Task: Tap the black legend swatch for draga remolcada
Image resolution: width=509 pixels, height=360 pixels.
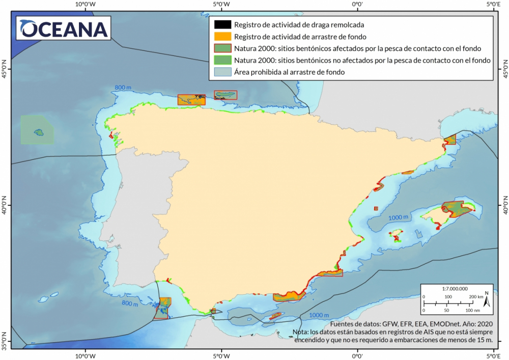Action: (222, 24)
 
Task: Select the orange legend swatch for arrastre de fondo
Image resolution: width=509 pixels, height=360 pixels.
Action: (222, 37)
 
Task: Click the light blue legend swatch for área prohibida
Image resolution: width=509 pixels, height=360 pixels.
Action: (222, 72)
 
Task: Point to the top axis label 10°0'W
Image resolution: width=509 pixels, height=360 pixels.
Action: (85, 5)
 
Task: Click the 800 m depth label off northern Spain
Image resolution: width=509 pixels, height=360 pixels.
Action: (123, 88)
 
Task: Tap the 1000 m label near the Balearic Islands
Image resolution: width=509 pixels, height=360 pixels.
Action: (399, 218)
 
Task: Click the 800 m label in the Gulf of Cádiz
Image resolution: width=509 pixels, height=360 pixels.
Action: (130, 304)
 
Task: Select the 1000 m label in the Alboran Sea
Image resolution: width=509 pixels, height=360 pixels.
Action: (319, 315)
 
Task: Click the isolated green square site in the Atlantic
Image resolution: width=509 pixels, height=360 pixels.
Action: (37, 129)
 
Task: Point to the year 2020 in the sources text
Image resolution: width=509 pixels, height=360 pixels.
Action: (485, 324)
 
